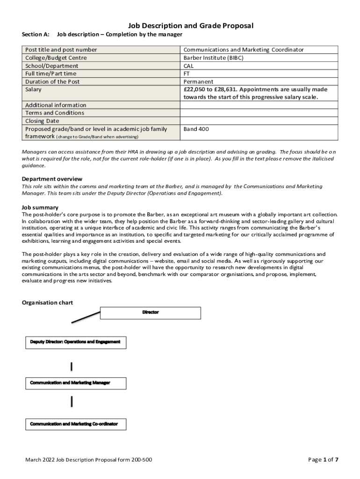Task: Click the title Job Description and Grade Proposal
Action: [x=191, y=26]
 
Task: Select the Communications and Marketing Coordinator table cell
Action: [x=243, y=50]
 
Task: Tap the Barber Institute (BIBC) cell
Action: [x=213, y=58]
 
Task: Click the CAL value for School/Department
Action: [x=188, y=66]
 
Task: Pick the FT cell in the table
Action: [x=187, y=74]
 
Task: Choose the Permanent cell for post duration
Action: [x=198, y=82]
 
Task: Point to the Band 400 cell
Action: [x=196, y=129]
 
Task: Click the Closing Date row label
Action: [x=42, y=121]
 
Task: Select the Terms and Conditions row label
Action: [x=55, y=113]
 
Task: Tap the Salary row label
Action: [x=33, y=89]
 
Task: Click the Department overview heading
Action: [x=52, y=179]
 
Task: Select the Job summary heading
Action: [x=40, y=207]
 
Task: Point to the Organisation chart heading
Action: [x=47, y=303]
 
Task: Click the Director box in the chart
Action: [x=151, y=312]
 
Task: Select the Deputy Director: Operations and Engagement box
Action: [x=75, y=342]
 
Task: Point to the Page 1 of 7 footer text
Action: [x=323, y=459]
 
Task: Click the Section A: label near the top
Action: [x=36, y=34]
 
